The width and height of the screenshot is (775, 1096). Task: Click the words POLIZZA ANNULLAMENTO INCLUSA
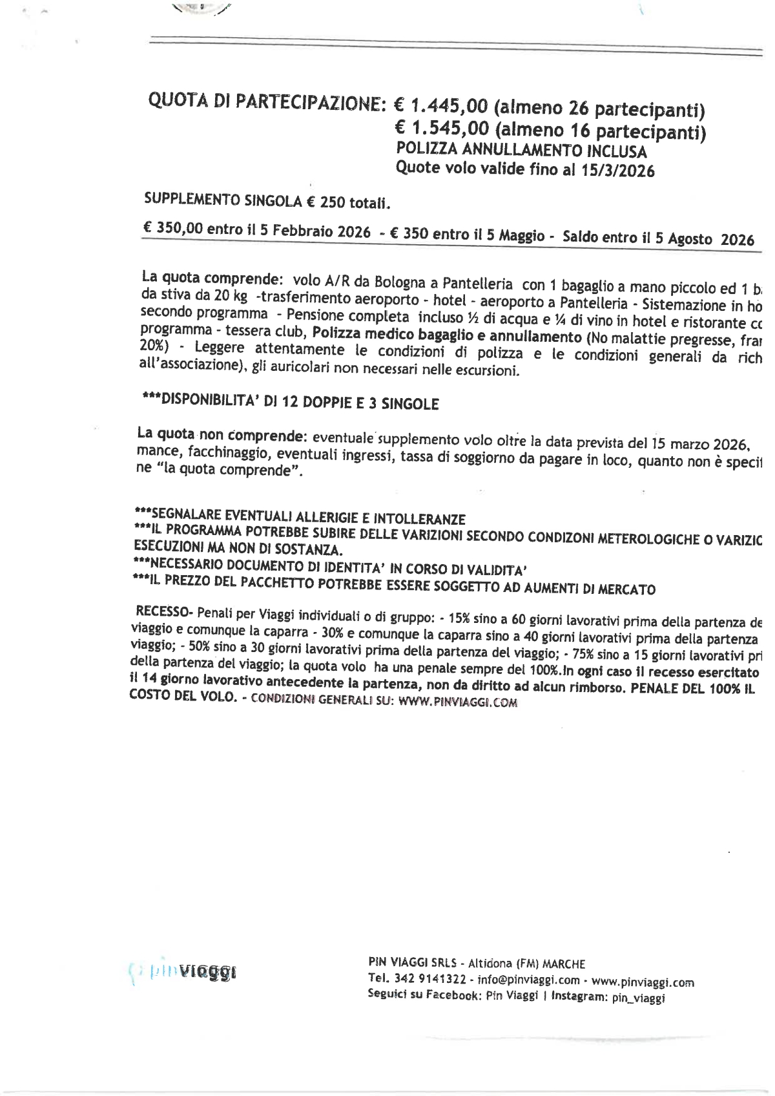521,151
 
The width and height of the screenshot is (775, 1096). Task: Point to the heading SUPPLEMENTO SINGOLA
223,200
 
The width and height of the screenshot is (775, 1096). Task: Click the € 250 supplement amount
326,202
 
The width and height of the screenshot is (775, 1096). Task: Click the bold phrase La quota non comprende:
221,434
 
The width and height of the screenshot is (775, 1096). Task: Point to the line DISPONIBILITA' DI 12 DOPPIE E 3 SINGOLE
290,402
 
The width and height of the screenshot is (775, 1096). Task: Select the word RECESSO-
164,611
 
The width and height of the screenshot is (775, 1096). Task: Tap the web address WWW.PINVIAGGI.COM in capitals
457,702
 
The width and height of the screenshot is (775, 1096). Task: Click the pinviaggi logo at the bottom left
185,971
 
